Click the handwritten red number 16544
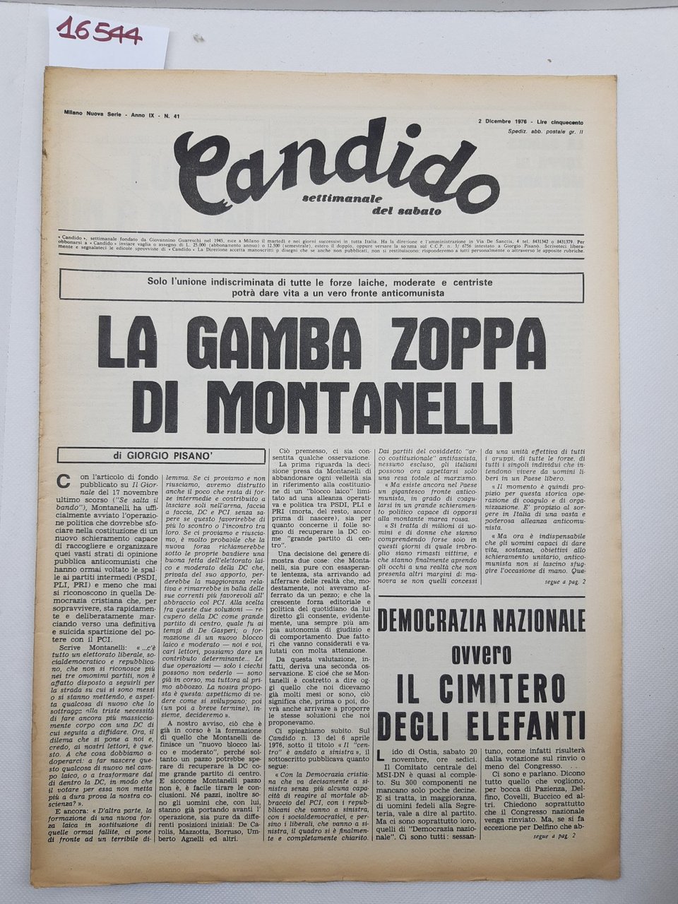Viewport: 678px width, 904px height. (92, 32)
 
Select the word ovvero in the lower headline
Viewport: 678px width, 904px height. (481, 655)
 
